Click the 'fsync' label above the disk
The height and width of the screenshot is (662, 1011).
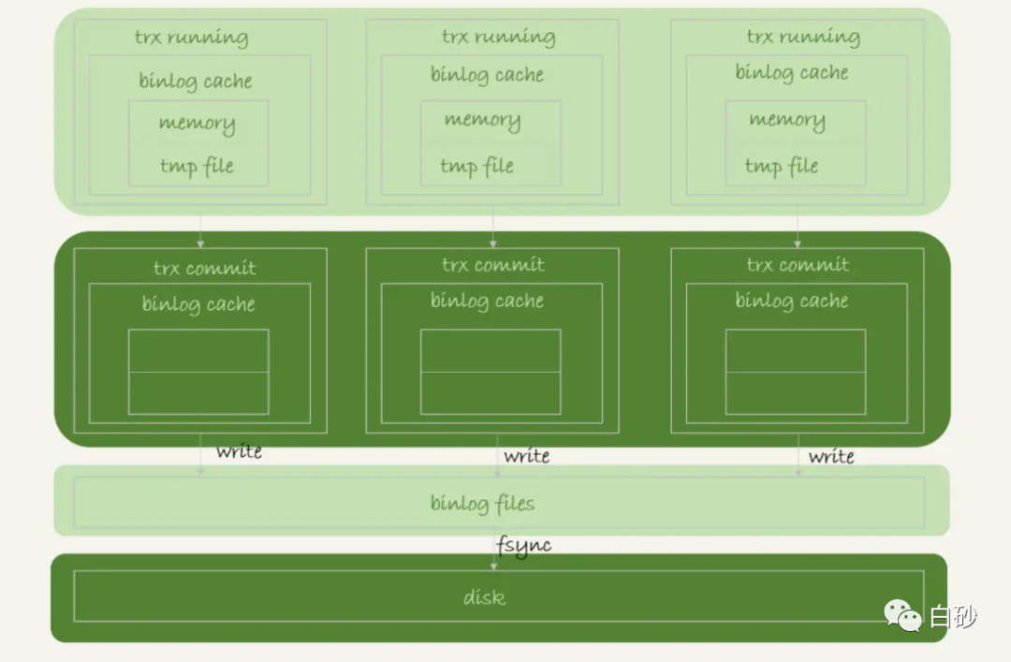point(523,546)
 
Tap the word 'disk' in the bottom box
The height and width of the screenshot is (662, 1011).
point(484,596)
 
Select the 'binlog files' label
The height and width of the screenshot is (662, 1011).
point(482,503)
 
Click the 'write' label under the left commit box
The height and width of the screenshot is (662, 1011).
point(239,451)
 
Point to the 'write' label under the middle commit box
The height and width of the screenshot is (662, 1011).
point(527,456)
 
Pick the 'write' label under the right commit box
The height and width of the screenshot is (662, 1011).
point(831,457)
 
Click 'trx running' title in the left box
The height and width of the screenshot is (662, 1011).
point(192,37)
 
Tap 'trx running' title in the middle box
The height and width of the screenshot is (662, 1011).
point(498,37)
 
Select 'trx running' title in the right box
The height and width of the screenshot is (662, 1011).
point(803,37)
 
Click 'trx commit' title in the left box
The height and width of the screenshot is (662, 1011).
point(204,268)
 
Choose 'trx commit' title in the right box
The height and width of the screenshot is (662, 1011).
point(798,265)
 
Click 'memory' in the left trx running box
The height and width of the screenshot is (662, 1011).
point(198,124)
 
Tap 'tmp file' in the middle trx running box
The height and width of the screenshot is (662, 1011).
point(476,167)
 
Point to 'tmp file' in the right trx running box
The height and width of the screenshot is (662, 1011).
point(782,167)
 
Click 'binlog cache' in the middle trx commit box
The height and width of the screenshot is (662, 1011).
point(487,302)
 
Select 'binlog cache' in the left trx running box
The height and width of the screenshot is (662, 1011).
point(196,81)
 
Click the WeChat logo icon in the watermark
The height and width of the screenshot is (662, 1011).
point(902,615)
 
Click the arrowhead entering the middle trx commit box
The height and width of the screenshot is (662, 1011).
point(493,243)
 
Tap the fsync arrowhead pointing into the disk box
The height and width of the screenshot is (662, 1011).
point(494,566)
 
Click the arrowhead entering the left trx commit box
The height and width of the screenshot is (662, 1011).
point(200,243)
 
